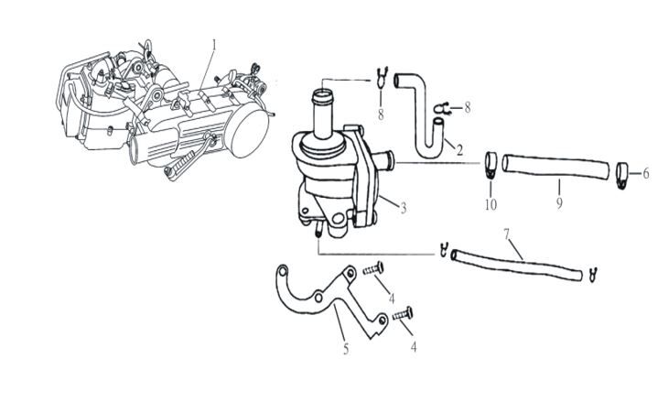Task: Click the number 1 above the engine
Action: coord(214,44)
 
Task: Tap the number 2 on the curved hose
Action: coord(459,148)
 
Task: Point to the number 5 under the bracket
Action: coord(345,349)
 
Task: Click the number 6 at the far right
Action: coord(645,172)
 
